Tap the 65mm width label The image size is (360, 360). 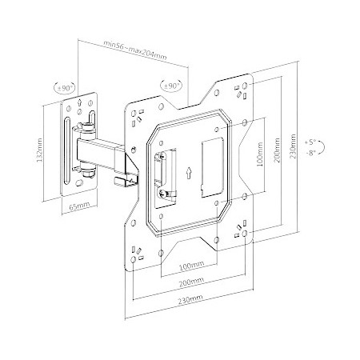(79, 206)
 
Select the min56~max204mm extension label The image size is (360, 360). (135, 50)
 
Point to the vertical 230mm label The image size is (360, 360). (293, 146)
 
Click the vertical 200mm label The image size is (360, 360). (277, 150)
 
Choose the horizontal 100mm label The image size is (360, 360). (191, 266)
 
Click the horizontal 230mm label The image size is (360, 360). (190, 299)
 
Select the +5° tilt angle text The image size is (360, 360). (310, 142)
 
